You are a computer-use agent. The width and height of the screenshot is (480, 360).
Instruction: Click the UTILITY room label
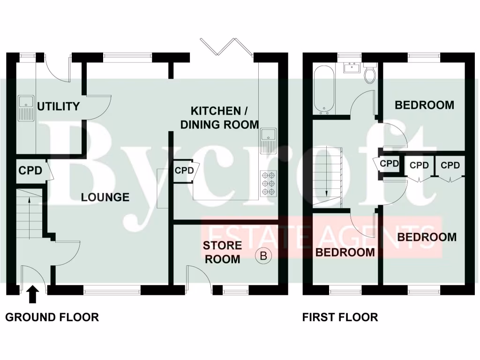point(58,106)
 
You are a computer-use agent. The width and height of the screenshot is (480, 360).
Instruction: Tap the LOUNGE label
point(105,197)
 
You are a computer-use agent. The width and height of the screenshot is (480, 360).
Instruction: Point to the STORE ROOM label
point(223,252)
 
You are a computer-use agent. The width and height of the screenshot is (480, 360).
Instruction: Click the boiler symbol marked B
point(263,255)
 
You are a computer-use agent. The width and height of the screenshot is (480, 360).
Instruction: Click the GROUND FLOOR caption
point(52,317)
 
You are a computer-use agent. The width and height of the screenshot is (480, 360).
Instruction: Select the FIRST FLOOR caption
point(340,317)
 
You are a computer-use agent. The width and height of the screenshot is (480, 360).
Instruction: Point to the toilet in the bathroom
point(370,75)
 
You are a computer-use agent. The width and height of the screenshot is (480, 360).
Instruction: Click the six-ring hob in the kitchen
point(269,183)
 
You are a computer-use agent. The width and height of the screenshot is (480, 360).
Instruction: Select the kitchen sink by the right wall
point(269,140)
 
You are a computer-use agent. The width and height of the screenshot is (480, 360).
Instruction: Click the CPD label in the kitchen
point(184,171)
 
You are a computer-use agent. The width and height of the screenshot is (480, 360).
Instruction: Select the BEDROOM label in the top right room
point(424,105)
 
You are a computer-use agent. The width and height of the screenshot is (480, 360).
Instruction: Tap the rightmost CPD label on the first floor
point(450,165)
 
